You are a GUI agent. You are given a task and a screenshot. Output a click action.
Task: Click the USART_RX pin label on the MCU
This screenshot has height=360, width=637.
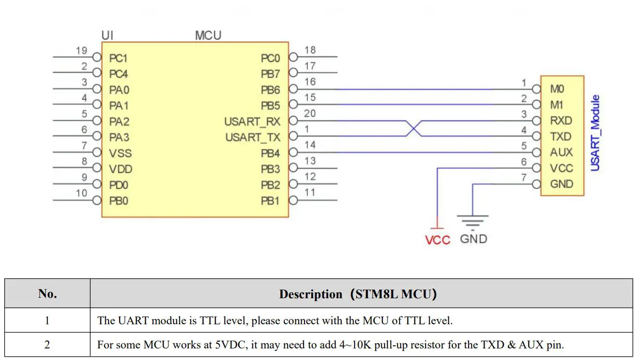pyautogui.click(x=252, y=122)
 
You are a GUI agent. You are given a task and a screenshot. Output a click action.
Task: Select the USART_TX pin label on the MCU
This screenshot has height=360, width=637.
pyautogui.click(x=252, y=138)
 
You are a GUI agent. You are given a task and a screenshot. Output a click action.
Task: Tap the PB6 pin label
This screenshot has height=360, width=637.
pyautogui.click(x=270, y=90)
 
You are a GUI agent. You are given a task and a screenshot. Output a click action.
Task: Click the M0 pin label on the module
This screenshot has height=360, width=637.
pyautogui.click(x=557, y=89)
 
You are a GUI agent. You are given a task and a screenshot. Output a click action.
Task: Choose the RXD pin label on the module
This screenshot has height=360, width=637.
pyautogui.click(x=561, y=121)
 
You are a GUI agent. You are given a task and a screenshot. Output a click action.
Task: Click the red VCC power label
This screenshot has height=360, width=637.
pyautogui.click(x=437, y=240)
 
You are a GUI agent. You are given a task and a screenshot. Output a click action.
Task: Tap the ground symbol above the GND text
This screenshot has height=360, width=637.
pyautogui.click(x=473, y=222)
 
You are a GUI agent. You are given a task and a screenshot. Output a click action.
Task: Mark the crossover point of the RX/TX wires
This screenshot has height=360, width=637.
pyautogui.click(x=412, y=128)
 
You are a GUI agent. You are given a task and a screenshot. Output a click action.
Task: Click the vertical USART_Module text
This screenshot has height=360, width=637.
pyautogui.click(x=595, y=133)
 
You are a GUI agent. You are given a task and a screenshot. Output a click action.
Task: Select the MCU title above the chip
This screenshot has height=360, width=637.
pyautogui.click(x=208, y=35)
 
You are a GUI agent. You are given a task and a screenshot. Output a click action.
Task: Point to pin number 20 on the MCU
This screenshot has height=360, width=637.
pyautogui.click(x=310, y=113)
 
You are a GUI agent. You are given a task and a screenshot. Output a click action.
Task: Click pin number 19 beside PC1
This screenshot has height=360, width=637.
pyautogui.click(x=81, y=50)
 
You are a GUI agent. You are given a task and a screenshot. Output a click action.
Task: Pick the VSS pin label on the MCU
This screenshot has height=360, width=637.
pyautogui.click(x=120, y=153)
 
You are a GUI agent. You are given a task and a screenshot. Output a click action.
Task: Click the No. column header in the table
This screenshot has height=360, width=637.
pyautogui.click(x=47, y=294)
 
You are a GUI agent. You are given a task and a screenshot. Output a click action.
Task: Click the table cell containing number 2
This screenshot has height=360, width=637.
pyautogui.click(x=47, y=345)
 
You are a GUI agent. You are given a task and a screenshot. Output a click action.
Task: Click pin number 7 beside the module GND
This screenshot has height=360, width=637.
pyautogui.click(x=524, y=178)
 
